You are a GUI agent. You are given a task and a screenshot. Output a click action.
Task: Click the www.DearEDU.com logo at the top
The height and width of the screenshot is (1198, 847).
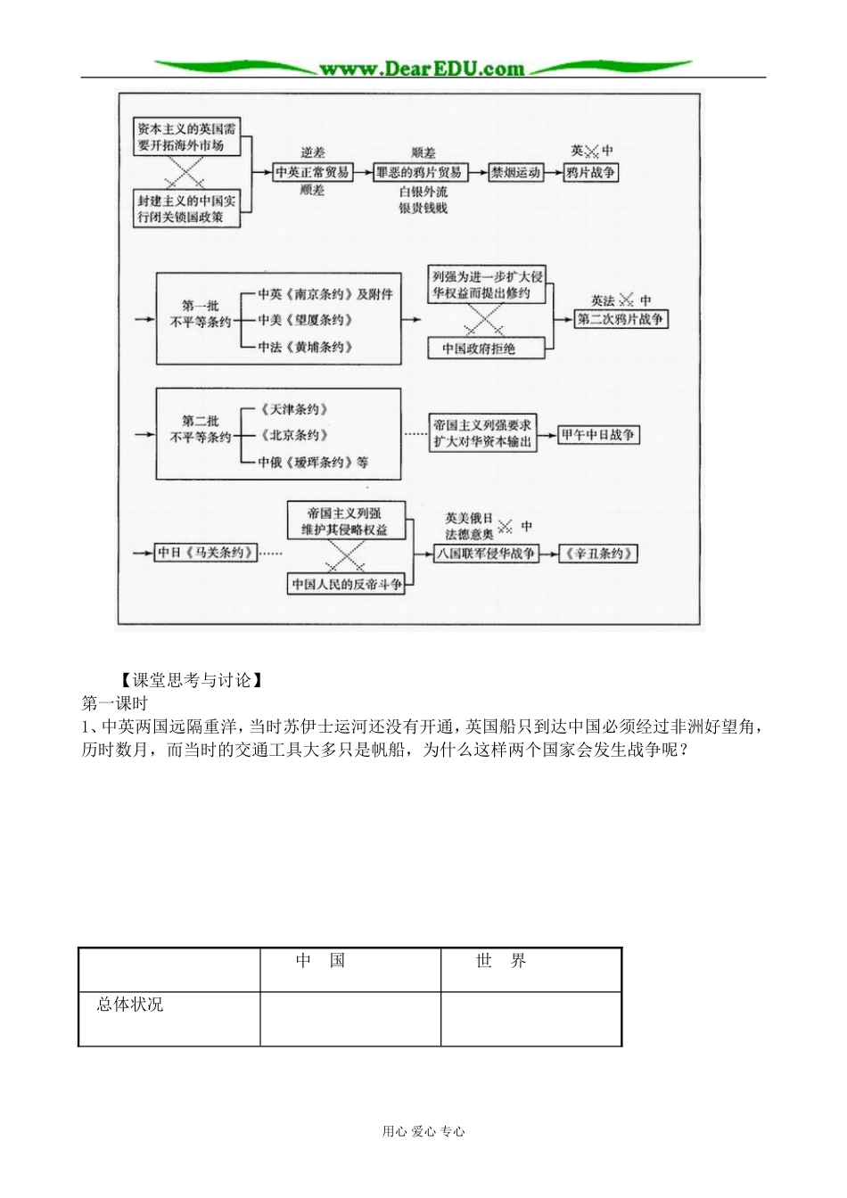tap(422, 68)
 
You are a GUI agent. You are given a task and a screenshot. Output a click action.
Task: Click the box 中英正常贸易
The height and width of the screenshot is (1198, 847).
tap(312, 172)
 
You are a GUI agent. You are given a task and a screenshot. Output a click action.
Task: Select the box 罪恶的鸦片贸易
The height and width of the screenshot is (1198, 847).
tap(418, 172)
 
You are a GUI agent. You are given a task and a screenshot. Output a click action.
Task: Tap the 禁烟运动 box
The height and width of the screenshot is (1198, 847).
tap(515, 172)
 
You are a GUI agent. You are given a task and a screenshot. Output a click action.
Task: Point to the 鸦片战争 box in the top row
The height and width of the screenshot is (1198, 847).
tap(591, 172)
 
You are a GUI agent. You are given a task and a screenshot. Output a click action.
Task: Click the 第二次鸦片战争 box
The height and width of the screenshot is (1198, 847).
tap(621, 319)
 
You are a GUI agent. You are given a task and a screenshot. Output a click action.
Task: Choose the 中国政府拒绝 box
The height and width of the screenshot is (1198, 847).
tap(479, 349)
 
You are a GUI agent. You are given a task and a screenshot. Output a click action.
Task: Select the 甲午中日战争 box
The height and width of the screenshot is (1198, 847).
tap(597, 435)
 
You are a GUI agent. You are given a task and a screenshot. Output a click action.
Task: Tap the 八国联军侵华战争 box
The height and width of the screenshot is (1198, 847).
tap(486, 554)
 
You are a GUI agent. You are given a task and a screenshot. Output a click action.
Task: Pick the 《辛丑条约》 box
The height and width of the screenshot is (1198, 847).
tap(598, 554)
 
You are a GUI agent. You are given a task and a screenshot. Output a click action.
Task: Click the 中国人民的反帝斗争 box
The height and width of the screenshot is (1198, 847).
tap(347, 585)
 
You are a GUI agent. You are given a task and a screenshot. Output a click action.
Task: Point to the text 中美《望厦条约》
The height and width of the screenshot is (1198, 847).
tap(306, 319)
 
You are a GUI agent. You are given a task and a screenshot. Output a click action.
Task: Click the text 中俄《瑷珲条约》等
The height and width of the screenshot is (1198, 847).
tap(313, 462)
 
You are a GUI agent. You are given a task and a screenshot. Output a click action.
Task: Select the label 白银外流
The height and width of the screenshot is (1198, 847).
tap(423, 192)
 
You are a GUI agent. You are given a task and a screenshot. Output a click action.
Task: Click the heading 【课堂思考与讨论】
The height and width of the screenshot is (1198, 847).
tap(191, 680)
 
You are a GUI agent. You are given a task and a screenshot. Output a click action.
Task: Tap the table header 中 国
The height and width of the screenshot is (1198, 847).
tap(321, 961)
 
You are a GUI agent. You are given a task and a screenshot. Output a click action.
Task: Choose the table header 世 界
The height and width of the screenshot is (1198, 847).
tap(501, 961)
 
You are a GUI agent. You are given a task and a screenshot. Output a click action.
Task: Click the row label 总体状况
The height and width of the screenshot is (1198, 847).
tap(130, 1005)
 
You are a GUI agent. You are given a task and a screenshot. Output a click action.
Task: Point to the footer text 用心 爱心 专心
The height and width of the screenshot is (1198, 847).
tap(423, 1131)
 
